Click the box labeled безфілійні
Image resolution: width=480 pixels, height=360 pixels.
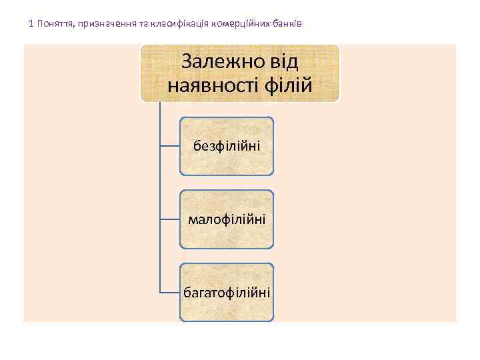point(227,146)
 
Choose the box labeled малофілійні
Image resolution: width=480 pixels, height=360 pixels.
point(227,219)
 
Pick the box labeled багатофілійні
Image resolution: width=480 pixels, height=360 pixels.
point(227,292)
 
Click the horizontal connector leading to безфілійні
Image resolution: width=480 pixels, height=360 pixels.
point(169,143)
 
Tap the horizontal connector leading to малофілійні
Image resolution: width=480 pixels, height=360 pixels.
point(169,217)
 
